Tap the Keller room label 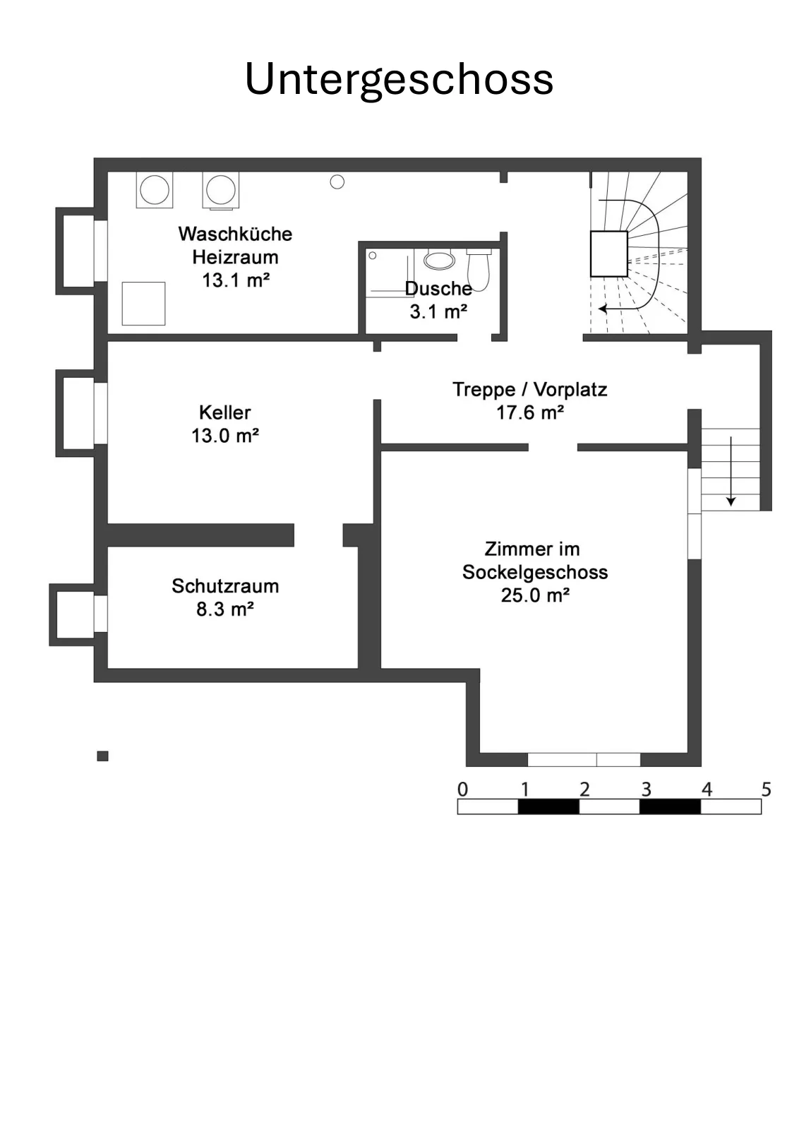(x=225, y=412)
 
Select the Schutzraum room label (x=225, y=586)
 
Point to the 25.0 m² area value (x=535, y=595)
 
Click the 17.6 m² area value (x=530, y=412)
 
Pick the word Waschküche (x=236, y=234)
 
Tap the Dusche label (x=438, y=289)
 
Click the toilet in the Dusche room (x=479, y=269)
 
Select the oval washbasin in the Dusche (x=439, y=261)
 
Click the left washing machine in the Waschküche (x=155, y=190)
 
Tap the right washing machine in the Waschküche (x=221, y=190)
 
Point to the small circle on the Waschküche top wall (x=337, y=182)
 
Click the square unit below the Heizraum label (x=144, y=304)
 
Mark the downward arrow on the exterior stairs (x=731, y=471)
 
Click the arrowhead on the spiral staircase (x=602, y=309)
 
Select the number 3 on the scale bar (x=647, y=789)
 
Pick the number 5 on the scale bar (x=767, y=789)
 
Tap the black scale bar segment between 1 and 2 (x=548, y=807)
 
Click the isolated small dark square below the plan (x=103, y=756)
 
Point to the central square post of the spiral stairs (x=609, y=254)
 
